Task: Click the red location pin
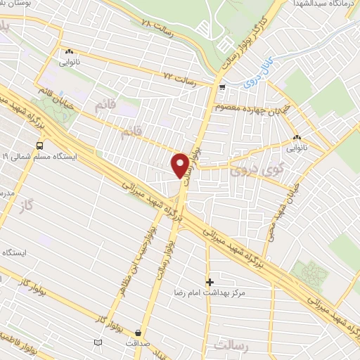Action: coord(181,166)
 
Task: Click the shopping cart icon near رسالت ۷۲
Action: coord(222,88)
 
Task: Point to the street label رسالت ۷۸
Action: coord(155,23)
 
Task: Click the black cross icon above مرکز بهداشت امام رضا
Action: coord(209,281)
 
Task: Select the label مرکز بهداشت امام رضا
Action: coord(210,292)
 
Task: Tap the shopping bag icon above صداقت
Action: coord(137,332)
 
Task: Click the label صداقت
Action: coord(137,343)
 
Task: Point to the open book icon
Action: coord(98,342)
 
